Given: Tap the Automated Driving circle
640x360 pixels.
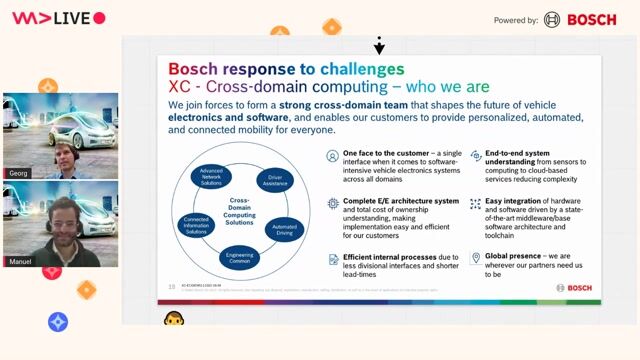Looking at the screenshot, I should click(x=283, y=228).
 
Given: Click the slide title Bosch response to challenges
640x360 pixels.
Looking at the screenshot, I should click(x=286, y=69).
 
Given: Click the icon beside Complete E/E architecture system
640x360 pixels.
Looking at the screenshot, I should click(x=332, y=202).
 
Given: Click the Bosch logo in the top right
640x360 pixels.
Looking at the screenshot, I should click(x=581, y=19).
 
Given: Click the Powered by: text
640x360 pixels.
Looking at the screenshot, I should click(x=516, y=20).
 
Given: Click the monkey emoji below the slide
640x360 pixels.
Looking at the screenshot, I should click(x=171, y=318).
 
